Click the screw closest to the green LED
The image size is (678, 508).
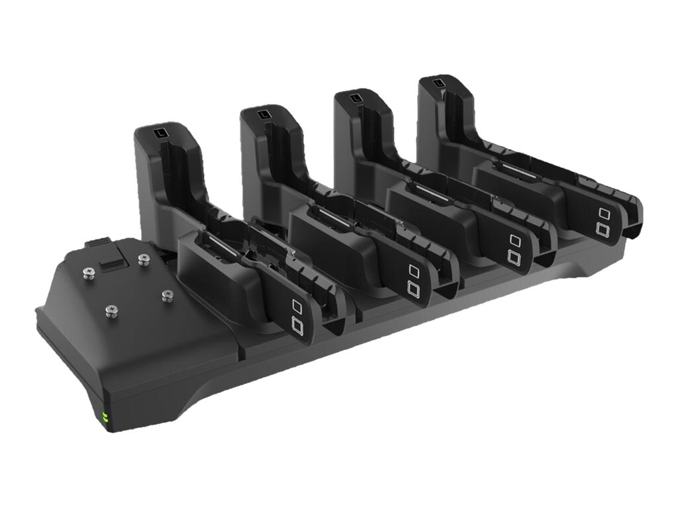click(111, 310)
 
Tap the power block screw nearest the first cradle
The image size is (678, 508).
click(168, 295)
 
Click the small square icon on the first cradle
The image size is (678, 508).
click(297, 306)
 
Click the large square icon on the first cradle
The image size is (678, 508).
click(297, 324)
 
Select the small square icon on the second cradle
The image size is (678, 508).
click(414, 270)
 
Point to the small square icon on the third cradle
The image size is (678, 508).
click(514, 239)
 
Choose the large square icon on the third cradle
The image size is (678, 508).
click(514, 256)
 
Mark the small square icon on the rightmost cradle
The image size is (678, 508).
click(603, 213)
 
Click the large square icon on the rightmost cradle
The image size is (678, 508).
click(603, 229)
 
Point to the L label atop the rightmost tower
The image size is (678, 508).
click(438, 84)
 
